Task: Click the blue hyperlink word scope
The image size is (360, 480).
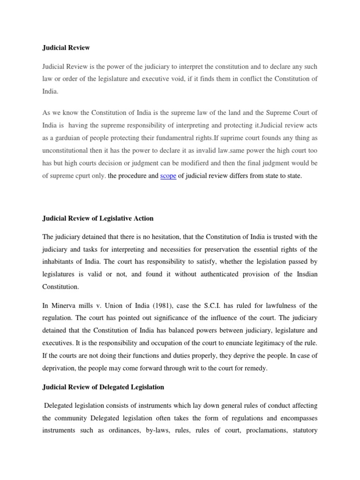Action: (168, 176)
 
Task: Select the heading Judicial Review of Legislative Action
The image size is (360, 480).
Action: (97, 218)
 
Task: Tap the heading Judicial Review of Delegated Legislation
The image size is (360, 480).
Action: (103, 387)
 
